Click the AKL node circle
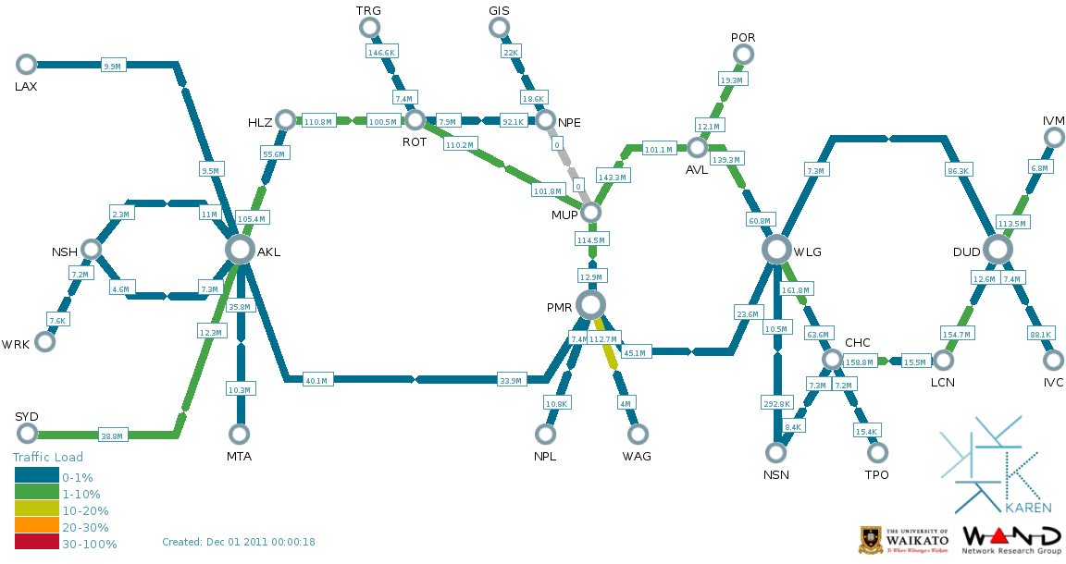click(240, 249)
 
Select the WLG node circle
click(776, 249)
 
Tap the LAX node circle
click(26, 64)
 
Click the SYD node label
click(27, 416)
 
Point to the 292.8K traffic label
click(775, 404)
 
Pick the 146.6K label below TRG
click(381, 53)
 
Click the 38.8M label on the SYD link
click(112, 435)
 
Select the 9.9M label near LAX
click(113, 67)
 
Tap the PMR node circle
click(590, 304)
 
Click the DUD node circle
click(997, 249)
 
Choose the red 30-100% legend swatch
click(37, 544)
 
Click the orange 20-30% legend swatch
click(37, 527)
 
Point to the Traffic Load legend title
click(47, 457)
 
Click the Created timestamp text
click(238, 542)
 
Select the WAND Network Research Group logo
click(1011, 540)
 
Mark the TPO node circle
click(876, 452)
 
